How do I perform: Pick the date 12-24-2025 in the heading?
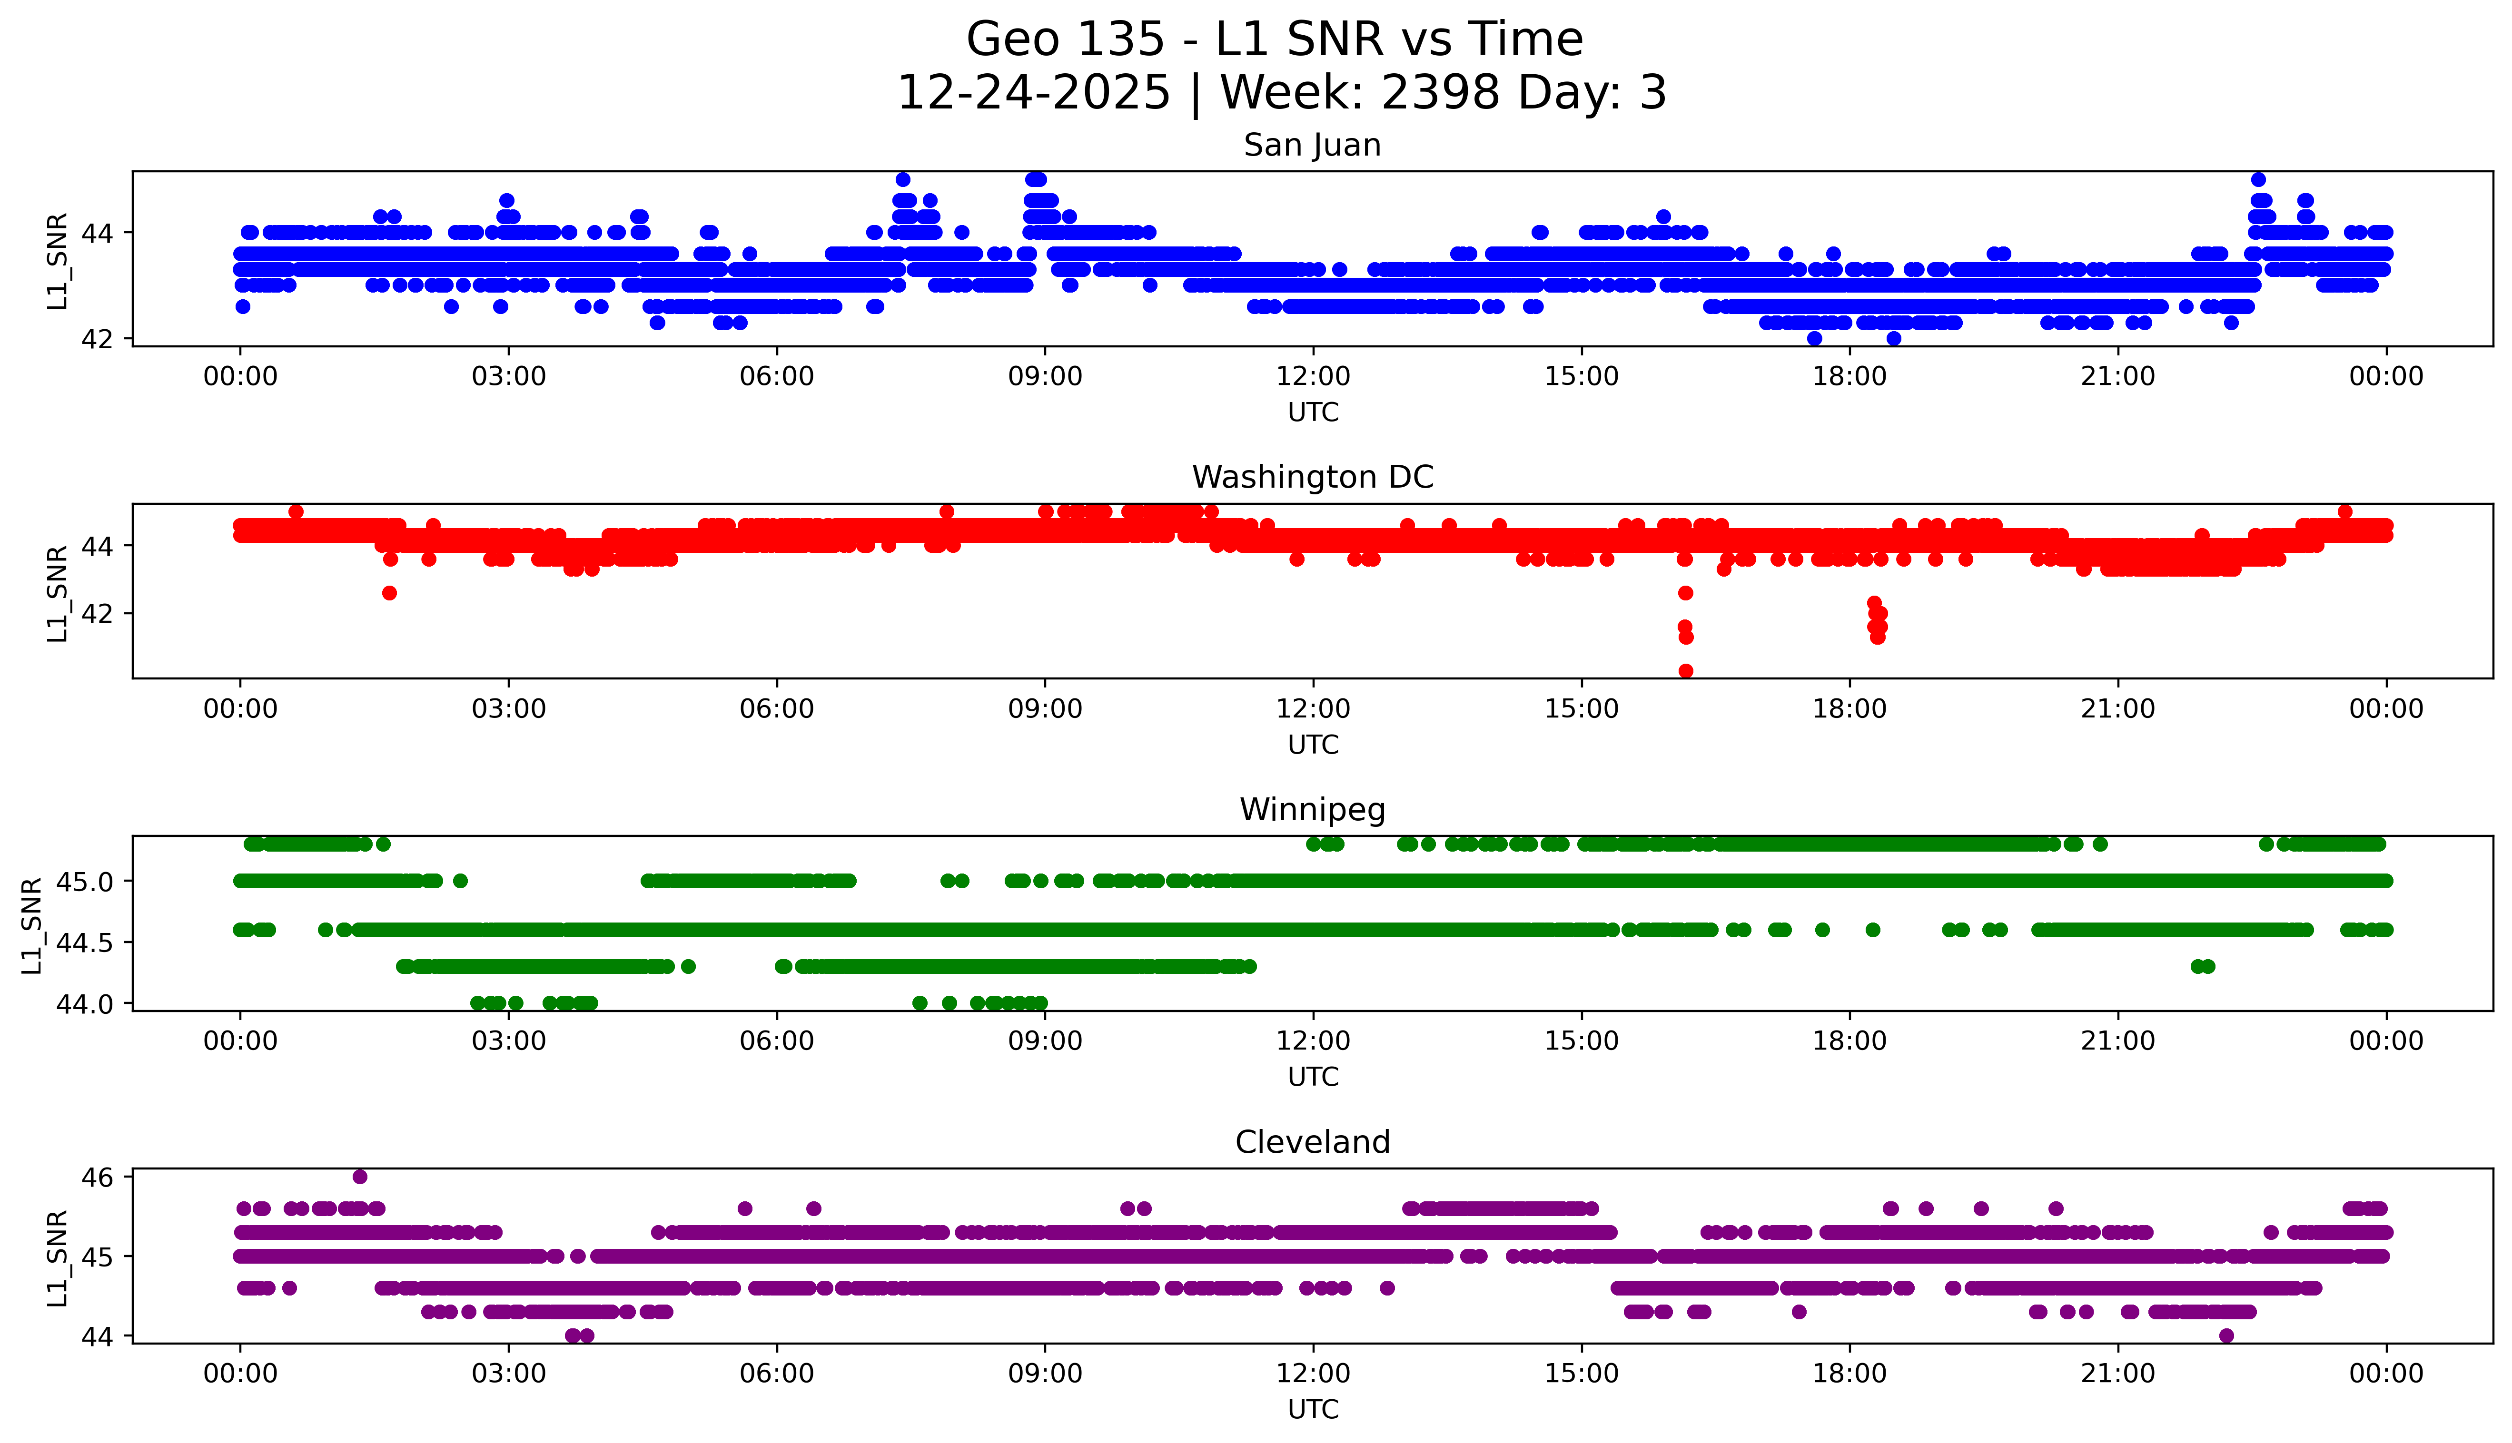(1033, 93)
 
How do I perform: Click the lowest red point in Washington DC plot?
(1685, 671)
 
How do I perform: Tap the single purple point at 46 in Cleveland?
(360, 1177)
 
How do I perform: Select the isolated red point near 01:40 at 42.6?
(390, 593)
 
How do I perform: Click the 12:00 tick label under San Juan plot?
(1313, 377)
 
